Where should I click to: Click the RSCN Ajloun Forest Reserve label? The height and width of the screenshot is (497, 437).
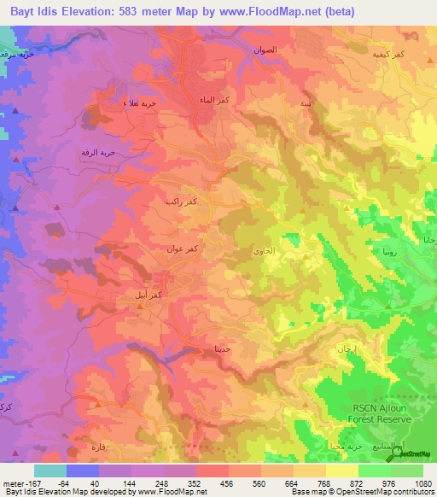pos(382,413)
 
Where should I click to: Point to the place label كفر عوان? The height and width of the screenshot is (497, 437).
pos(184,248)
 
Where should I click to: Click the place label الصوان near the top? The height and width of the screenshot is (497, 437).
pos(265,51)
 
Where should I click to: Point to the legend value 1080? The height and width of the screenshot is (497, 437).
pos(422,482)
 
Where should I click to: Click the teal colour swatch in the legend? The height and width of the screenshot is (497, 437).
pos(50,471)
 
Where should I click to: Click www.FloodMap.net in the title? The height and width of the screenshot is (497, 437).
pos(277,12)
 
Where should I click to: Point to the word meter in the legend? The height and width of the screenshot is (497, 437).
pos(15,482)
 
